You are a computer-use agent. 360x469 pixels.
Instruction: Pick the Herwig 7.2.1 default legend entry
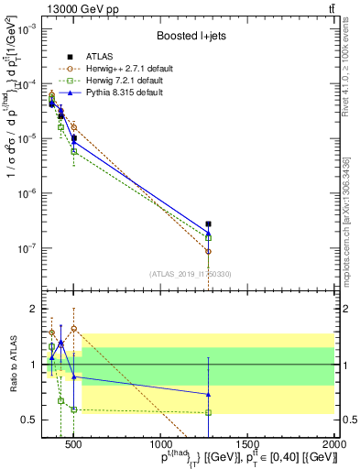(122, 81)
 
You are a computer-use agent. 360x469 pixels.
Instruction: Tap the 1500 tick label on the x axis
(247, 446)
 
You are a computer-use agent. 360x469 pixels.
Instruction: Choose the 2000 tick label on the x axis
(334, 446)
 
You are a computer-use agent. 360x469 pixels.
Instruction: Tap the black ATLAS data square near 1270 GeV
(208, 224)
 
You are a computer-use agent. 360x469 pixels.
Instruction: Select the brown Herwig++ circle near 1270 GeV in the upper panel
(208, 251)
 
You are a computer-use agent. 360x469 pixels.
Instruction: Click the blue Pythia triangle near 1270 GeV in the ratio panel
(208, 395)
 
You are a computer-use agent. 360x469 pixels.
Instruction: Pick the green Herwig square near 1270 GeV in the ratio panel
(208, 412)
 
